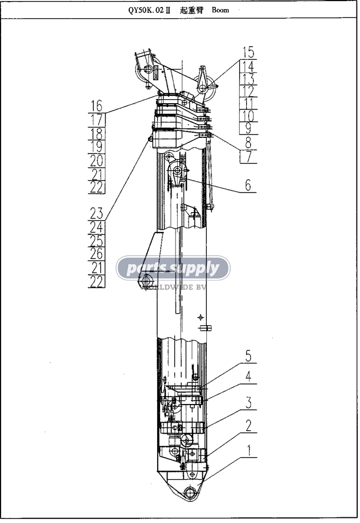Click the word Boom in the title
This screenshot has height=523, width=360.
[x=220, y=10]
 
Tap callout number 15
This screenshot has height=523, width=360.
[x=248, y=53]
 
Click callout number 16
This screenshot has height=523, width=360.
[x=96, y=106]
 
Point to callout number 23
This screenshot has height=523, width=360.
[x=96, y=213]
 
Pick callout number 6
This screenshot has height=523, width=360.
[x=248, y=185]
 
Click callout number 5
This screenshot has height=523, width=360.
[x=248, y=356]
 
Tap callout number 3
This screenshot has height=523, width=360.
[x=248, y=403]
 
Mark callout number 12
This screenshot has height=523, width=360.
[x=248, y=91]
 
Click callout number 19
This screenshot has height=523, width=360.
[x=96, y=147]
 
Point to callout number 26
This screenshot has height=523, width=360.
[x=96, y=254]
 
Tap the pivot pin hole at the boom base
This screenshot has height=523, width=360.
[x=190, y=492]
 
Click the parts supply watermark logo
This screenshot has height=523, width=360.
[x=173, y=268]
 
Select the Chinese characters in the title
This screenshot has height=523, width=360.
[x=191, y=10]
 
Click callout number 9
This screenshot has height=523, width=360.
[x=248, y=128]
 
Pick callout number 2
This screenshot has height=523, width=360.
[x=248, y=426]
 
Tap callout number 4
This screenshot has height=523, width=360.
[x=248, y=377]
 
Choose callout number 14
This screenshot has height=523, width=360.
[x=248, y=66]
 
